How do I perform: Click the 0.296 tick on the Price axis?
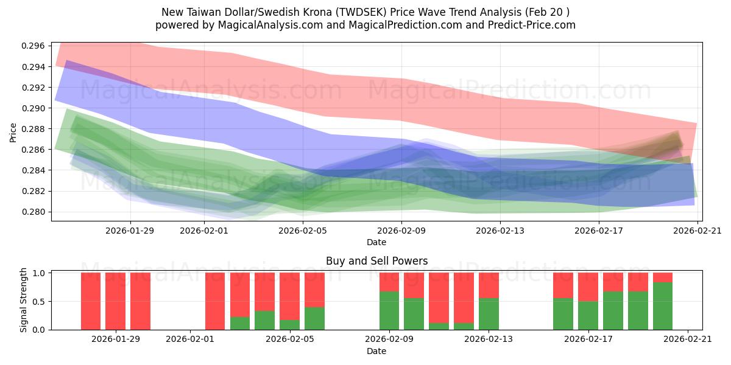pos(34,46)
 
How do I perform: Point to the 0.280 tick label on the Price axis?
pos(34,212)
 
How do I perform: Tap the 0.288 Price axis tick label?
pos(34,129)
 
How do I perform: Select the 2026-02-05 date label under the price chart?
pos(303,231)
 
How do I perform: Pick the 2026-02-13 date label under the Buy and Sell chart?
pos(489,339)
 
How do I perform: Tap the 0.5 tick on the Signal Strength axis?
pos(40,301)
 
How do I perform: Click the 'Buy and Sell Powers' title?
pos(376,261)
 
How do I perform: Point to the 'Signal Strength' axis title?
pos(24,300)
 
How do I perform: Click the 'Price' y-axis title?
pos(13,131)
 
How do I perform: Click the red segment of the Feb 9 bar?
pos(389,282)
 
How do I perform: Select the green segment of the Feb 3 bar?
pos(240,323)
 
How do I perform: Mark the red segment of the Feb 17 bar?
pos(588,287)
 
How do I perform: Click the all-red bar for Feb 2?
pos(215,301)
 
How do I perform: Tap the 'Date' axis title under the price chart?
pos(376,242)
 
